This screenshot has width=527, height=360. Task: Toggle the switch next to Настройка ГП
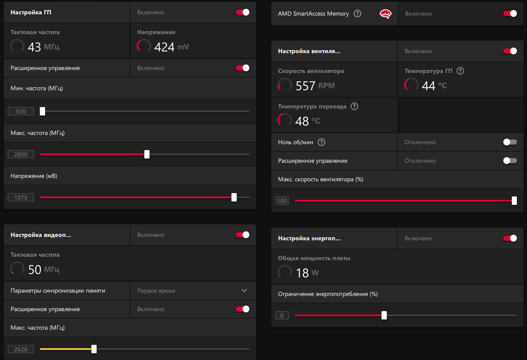(x=243, y=12)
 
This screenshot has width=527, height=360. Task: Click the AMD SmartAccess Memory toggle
(x=510, y=13)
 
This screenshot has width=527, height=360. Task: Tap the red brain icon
(x=386, y=13)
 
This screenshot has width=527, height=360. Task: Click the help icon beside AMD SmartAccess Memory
(x=357, y=13)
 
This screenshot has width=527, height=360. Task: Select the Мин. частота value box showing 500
(x=21, y=112)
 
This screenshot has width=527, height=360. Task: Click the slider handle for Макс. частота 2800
(x=147, y=154)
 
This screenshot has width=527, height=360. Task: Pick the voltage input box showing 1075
(x=21, y=197)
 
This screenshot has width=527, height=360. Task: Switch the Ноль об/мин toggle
(x=510, y=142)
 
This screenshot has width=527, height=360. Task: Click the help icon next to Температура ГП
(x=460, y=71)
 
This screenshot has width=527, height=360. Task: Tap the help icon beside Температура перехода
(x=354, y=106)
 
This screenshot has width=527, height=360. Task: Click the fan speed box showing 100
(x=282, y=201)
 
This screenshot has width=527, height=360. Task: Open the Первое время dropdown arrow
(x=244, y=290)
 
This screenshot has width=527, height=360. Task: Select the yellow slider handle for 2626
(x=94, y=349)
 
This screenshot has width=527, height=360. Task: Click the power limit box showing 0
(x=282, y=315)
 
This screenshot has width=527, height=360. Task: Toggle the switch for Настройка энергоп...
(x=510, y=238)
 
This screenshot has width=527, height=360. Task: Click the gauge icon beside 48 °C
(x=285, y=120)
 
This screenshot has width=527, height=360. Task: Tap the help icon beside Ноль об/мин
(x=322, y=142)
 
